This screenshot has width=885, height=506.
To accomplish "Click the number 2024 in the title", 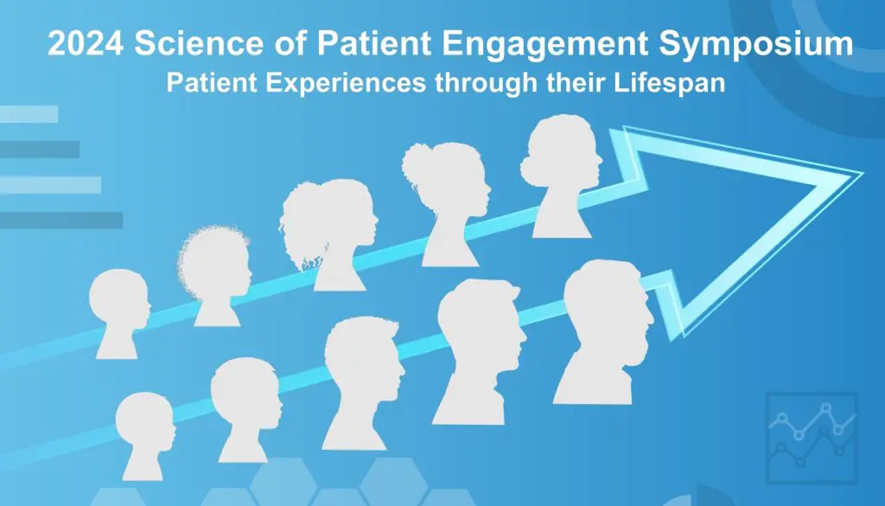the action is coord(86,43).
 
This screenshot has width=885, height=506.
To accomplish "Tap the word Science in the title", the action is coord(199,43).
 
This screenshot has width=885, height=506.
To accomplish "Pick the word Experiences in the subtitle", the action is coord(346,84).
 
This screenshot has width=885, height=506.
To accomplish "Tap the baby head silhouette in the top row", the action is coord(119,313).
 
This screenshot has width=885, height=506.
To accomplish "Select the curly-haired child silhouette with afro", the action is coord(215,276).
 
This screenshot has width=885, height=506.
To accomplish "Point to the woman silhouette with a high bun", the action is coord(447,204).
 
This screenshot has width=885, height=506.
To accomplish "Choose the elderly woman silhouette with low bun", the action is coord(562,176).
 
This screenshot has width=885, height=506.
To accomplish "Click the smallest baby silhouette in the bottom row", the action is coord(144,436).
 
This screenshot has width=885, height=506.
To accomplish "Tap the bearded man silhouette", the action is coord(481,351).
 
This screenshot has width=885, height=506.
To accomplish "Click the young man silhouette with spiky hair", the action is coord(362,383).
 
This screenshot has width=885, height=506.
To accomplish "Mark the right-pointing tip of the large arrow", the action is coord(863,173).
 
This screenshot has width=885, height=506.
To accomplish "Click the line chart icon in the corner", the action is coord(812,438).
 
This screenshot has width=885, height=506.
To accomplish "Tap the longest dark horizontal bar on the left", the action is coord(61,221).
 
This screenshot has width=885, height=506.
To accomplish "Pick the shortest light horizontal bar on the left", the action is coord(29,114).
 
